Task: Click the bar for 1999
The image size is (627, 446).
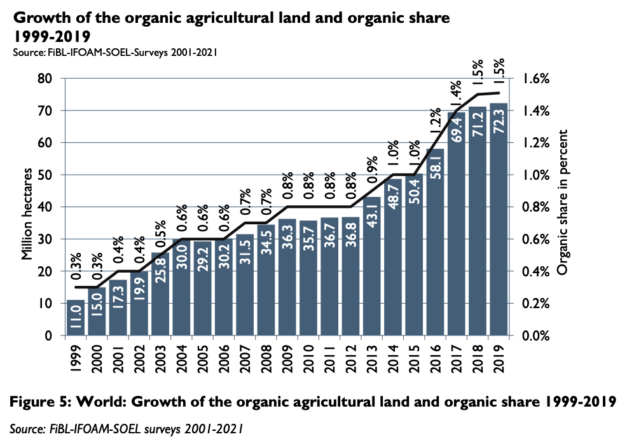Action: click(76, 318)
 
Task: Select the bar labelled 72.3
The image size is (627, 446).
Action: click(499, 219)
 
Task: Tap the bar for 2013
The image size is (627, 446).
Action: click(371, 266)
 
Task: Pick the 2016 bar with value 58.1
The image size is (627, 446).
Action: click(435, 242)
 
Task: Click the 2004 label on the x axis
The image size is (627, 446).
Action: click(181, 358)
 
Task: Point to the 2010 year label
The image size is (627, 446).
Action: click(308, 358)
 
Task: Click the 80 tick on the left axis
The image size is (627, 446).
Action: click(45, 78)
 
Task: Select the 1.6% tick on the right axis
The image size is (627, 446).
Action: click(536, 78)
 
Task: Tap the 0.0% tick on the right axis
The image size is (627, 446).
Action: click(536, 335)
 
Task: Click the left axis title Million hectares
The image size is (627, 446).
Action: click(27, 214)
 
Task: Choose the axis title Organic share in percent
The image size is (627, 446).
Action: click(562, 203)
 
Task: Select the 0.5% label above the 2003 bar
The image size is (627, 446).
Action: click(160, 234)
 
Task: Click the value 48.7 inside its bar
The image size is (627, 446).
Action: click(393, 196)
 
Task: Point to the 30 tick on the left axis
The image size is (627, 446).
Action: click(45, 239)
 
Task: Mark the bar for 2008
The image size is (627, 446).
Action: click(266, 280)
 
